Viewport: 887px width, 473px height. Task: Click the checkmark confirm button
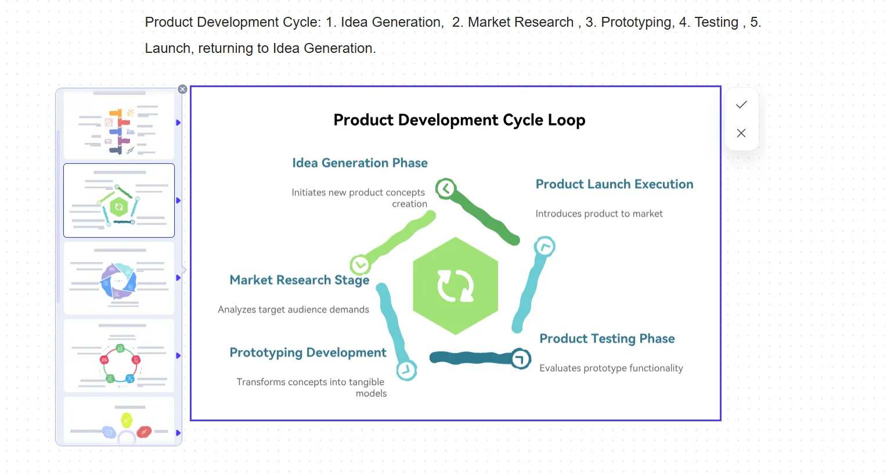[x=741, y=105]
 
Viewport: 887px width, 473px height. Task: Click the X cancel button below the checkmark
[x=741, y=133]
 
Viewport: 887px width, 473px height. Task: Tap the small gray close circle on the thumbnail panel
[x=182, y=89]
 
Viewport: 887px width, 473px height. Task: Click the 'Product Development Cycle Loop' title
[x=459, y=120]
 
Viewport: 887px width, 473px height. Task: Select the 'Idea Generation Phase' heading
[x=360, y=163]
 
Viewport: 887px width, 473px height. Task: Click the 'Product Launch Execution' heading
[x=615, y=184]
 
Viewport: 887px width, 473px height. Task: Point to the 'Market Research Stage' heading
[x=300, y=280]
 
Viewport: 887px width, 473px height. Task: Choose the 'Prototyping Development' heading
[x=308, y=353]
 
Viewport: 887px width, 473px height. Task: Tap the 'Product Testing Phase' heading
[x=607, y=339]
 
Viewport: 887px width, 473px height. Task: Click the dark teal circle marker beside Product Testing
[x=520, y=359]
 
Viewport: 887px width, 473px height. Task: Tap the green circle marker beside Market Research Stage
[x=360, y=265]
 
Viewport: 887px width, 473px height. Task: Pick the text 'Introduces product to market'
[x=598, y=214]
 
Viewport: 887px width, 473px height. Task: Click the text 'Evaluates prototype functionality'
[x=611, y=368]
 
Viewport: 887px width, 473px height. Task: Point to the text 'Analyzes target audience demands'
[x=293, y=310]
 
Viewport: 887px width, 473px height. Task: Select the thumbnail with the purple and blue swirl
[x=119, y=278]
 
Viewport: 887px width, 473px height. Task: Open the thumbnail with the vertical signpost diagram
[x=119, y=125]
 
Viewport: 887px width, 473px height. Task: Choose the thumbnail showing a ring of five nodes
[x=119, y=356]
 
